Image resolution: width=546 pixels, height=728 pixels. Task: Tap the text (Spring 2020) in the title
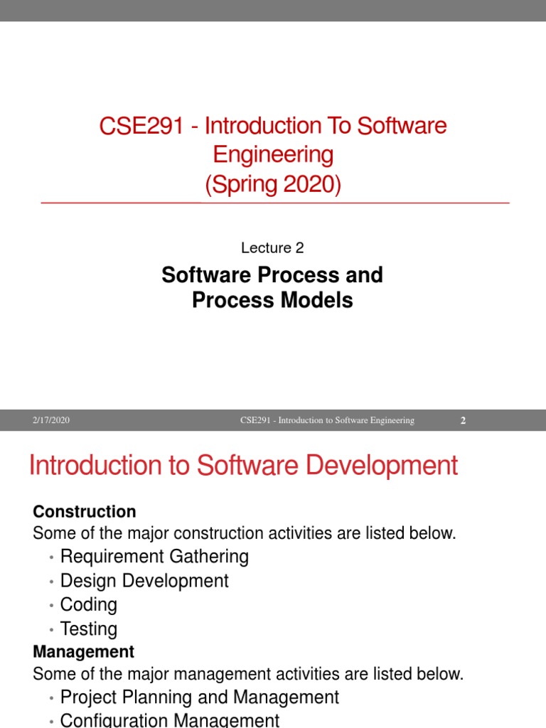[273, 185]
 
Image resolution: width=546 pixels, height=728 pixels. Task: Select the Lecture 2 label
[272, 248]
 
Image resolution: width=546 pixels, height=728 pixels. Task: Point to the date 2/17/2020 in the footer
[50, 421]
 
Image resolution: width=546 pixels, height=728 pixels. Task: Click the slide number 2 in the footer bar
[463, 421]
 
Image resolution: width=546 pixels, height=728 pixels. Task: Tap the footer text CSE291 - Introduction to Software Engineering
[327, 421]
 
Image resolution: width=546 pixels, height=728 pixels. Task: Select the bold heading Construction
[85, 512]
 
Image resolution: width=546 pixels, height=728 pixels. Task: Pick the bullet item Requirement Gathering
[154, 556]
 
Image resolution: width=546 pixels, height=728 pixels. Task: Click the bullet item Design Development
[144, 581]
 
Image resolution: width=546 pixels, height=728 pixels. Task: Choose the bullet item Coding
[89, 605]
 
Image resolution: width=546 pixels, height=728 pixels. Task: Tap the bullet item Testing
[89, 629]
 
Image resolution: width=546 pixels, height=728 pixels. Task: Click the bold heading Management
[84, 651]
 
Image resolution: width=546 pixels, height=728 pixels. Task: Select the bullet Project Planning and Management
[200, 697]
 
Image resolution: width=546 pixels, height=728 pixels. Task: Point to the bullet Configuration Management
[170, 720]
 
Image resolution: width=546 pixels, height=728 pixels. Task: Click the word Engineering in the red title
[273, 155]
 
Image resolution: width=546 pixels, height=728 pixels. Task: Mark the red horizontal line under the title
[275, 203]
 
